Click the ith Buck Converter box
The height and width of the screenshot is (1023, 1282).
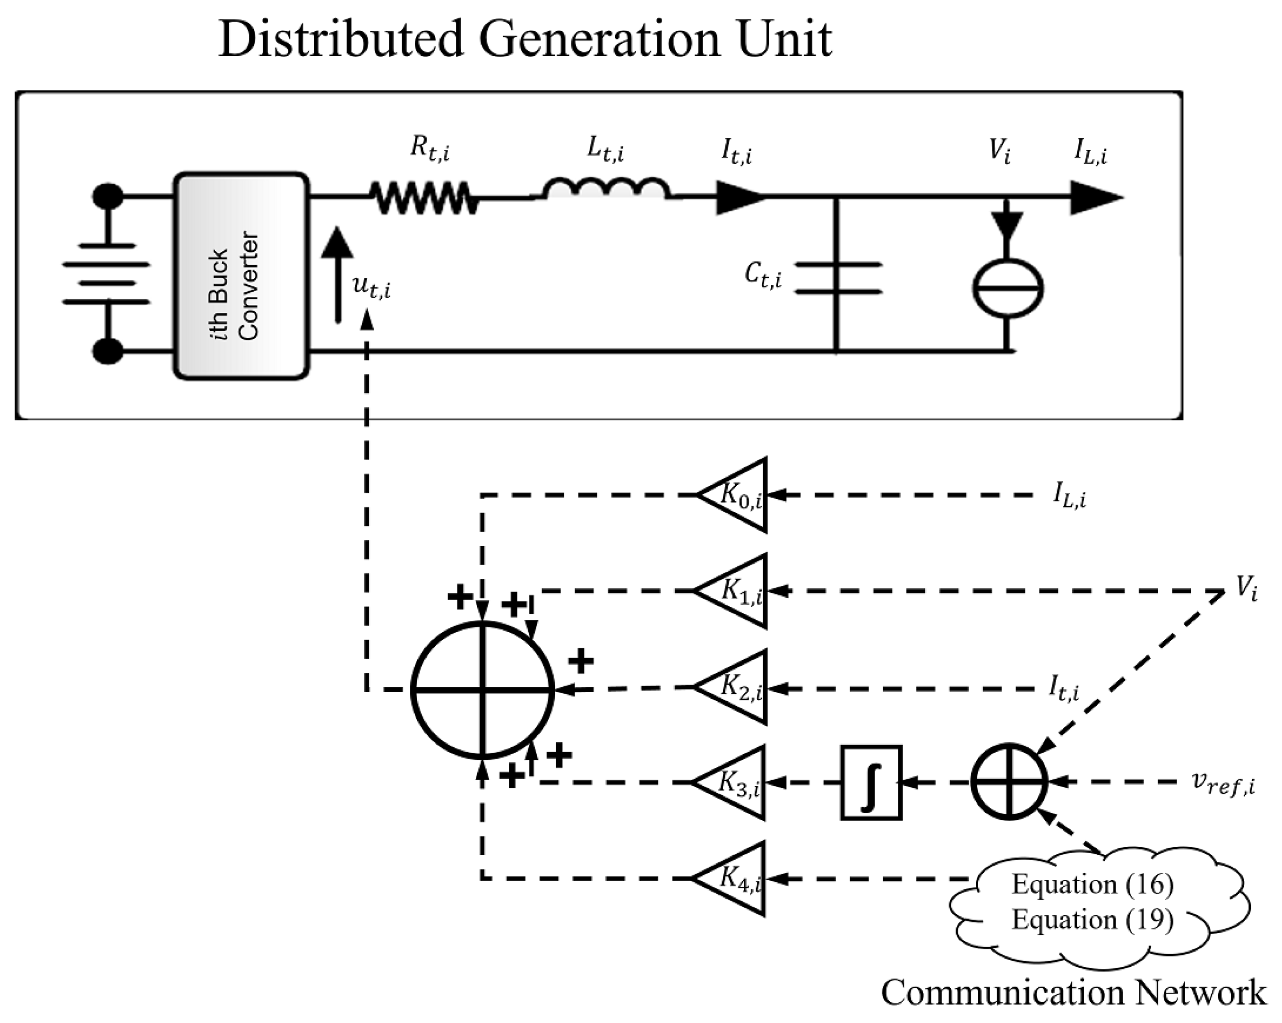point(241,276)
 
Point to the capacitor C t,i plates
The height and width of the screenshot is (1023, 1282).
point(838,278)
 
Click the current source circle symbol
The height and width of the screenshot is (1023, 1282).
point(1007,289)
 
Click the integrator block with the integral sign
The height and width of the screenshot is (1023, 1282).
point(871,783)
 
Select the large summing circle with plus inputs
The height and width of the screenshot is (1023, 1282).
point(482,689)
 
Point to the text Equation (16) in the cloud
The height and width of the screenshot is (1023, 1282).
point(1093,885)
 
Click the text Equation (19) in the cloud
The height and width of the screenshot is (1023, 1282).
point(1093,920)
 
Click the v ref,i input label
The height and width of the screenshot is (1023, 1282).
point(1222,783)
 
